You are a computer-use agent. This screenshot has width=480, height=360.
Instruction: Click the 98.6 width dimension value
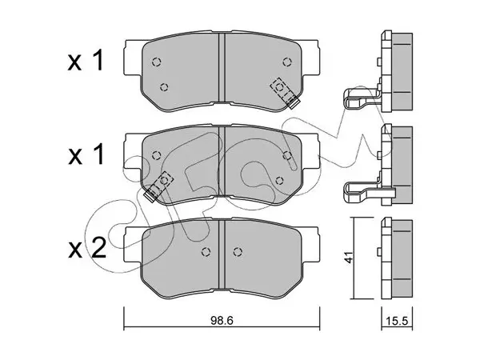click(222, 321)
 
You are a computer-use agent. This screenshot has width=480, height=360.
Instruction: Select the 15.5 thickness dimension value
click(397, 321)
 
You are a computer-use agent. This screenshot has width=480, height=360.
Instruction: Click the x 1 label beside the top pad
click(86, 62)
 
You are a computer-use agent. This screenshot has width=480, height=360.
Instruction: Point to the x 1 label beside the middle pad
click(86, 154)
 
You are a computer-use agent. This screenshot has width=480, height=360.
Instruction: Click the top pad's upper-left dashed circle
click(157, 62)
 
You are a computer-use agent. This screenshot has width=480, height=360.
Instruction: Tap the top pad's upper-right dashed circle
click(287, 62)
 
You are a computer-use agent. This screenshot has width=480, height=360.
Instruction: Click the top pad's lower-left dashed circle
click(164, 87)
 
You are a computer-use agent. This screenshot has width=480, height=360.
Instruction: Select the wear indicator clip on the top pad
click(284, 93)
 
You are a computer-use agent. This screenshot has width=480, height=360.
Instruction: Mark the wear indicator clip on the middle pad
click(158, 186)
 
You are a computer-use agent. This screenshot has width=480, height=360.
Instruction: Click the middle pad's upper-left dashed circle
click(157, 155)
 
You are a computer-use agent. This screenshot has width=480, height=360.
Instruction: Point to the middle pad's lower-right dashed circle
click(279, 181)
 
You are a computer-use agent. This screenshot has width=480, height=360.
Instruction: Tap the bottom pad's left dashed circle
click(206, 252)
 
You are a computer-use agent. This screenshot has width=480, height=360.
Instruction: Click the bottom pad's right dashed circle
click(238, 252)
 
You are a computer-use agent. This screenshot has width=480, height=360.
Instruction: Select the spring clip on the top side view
click(362, 98)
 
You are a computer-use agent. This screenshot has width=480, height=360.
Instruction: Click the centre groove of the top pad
click(222, 67)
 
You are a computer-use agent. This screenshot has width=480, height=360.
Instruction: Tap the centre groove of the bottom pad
click(222, 255)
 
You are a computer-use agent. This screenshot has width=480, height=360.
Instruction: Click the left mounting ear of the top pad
click(134, 58)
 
